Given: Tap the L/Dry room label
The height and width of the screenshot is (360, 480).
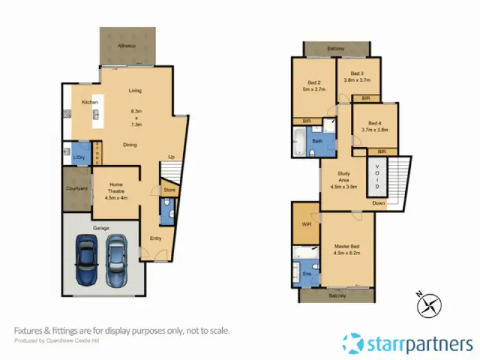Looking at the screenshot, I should [79, 157].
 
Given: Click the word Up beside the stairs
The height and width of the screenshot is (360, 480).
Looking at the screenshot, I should [171, 157].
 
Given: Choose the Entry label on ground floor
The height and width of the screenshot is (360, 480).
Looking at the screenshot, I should [156, 239].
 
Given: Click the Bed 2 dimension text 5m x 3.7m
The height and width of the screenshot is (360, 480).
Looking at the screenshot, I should [313, 90].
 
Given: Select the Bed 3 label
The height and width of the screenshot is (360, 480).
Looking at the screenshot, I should [358, 73].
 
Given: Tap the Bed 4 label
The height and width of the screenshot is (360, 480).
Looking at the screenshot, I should [374, 123].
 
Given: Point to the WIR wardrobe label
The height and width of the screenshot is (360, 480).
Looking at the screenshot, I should [306, 224].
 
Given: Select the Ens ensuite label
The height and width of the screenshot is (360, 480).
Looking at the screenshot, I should [307, 274].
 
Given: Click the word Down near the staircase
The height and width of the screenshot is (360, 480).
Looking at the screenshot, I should [380, 203].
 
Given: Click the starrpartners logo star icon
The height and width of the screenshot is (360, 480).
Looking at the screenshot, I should [355, 344].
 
